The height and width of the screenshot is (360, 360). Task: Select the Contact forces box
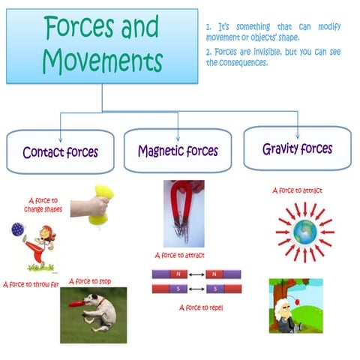[60, 152]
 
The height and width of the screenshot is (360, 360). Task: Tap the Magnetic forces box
[178, 151]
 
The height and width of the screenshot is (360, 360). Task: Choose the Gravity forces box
[297, 148]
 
